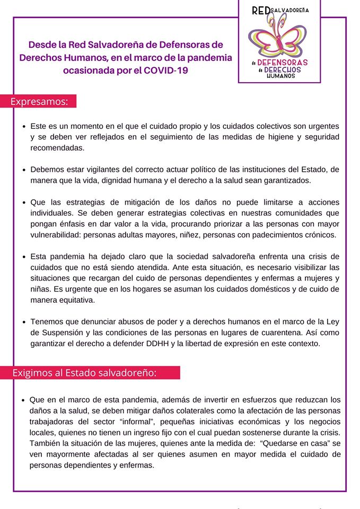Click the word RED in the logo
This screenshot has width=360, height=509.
(x=260, y=11)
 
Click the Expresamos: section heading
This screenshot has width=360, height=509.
(x=40, y=101)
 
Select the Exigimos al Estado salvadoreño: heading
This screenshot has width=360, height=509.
(x=85, y=373)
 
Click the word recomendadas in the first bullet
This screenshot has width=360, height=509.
(x=57, y=147)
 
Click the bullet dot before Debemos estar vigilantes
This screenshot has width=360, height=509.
(x=24, y=170)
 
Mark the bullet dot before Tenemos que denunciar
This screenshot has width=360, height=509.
(x=24, y=322)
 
